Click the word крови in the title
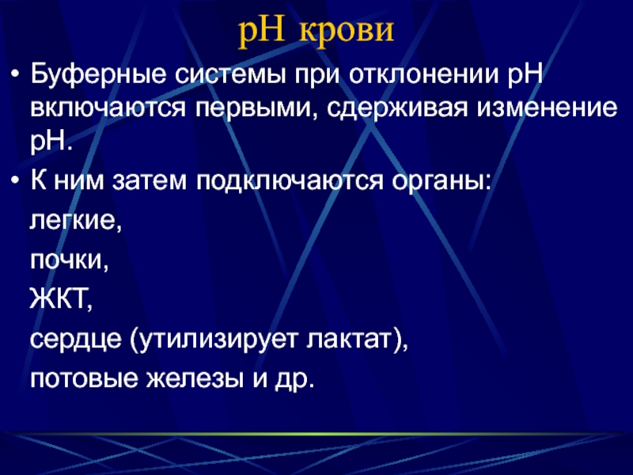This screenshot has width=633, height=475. pyautogui.click(x=346, y=31)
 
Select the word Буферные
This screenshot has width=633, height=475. pyautogui.click(x=98, y=74)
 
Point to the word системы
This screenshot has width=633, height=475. pyautogui.click(x=230, y=75)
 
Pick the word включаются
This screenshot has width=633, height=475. pyautogui.click(x=108, y=108)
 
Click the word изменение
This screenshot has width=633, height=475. pyautogui.click(x=548, y=108)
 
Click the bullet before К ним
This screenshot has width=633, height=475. pyautogui.click(x=15, y=181)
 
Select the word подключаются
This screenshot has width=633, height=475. pyautogui.click(x=290, y=181)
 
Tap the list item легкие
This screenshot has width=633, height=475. pyautogui.click(x=75, y=222)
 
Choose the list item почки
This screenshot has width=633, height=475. pyautogui.click(x=70, y=260)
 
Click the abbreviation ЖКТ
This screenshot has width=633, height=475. pyautogui.click(x=61, y=299)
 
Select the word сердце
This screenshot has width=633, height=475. pyautogui.click(x=76, y=340)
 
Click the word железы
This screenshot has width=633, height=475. pyautogui.click(x=195, y=378)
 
